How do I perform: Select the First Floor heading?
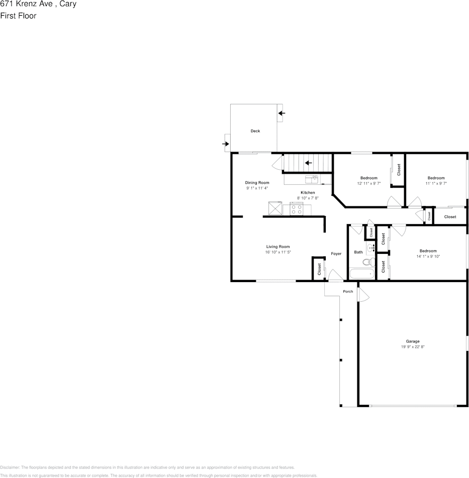pyautogui.click(x=18, y=16)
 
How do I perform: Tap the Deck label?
pyautogui.click(x=255, y=131)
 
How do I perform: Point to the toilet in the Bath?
pyautogui.click(x=368, y=261)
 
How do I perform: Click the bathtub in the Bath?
pyautogui.click(x=362, y=274)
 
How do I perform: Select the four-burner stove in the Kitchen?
pyautogui.click(x=297, y=209)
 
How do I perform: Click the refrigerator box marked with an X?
pyautogui.click(x=275, y=208)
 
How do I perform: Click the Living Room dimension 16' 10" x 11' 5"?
pyautogui.click(x=278, y=252)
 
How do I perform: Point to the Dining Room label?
pyautogui.click(x=257, y=182)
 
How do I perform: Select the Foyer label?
pyautogui.click(x=336, y=253)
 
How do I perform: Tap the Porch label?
pyautogui.click(x=348, y=291)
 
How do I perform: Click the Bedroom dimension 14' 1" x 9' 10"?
pyautogui.click(x=428, y=256)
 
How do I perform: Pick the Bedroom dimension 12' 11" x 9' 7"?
pyautogui.click(x=368, y=183)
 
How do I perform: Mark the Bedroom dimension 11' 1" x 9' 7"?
pyautogui.click(x=436, y=183)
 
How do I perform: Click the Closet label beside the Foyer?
pyautogui.click(x=319, y=269)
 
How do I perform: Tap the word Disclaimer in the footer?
pyautogui.click(x=10, y=467)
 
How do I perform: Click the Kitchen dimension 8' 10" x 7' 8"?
pyautogui.click(x=308, y=198)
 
